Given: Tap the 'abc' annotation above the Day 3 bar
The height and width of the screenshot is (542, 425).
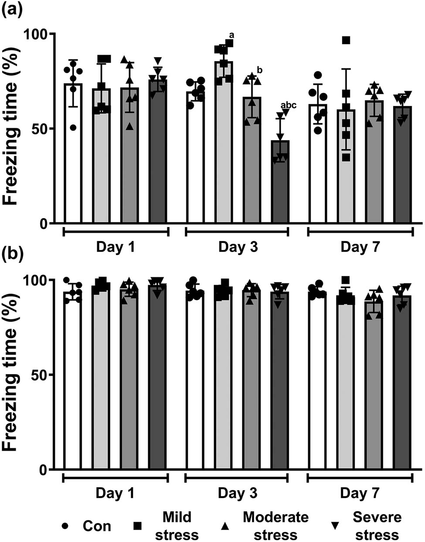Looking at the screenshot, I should click(x=288, y=105).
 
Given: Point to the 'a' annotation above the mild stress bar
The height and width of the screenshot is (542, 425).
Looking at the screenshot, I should click(x=231, y=35).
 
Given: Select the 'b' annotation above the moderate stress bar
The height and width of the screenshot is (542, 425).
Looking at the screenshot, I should click(x=259, y=70).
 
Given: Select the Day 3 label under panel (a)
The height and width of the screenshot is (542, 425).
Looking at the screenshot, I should click(x=238, y=247).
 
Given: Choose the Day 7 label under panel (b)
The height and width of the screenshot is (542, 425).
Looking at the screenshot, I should click(x=360, y=493).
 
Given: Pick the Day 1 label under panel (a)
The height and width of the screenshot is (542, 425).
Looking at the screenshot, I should click(x=116, y=247).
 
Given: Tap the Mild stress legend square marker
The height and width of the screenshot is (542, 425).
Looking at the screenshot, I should click(x=137, y=526).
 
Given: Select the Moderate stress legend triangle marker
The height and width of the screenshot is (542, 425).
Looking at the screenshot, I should click(x=225, y=526).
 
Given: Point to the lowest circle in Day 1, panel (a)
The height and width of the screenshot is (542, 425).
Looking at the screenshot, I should click(x=73, y=127).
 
